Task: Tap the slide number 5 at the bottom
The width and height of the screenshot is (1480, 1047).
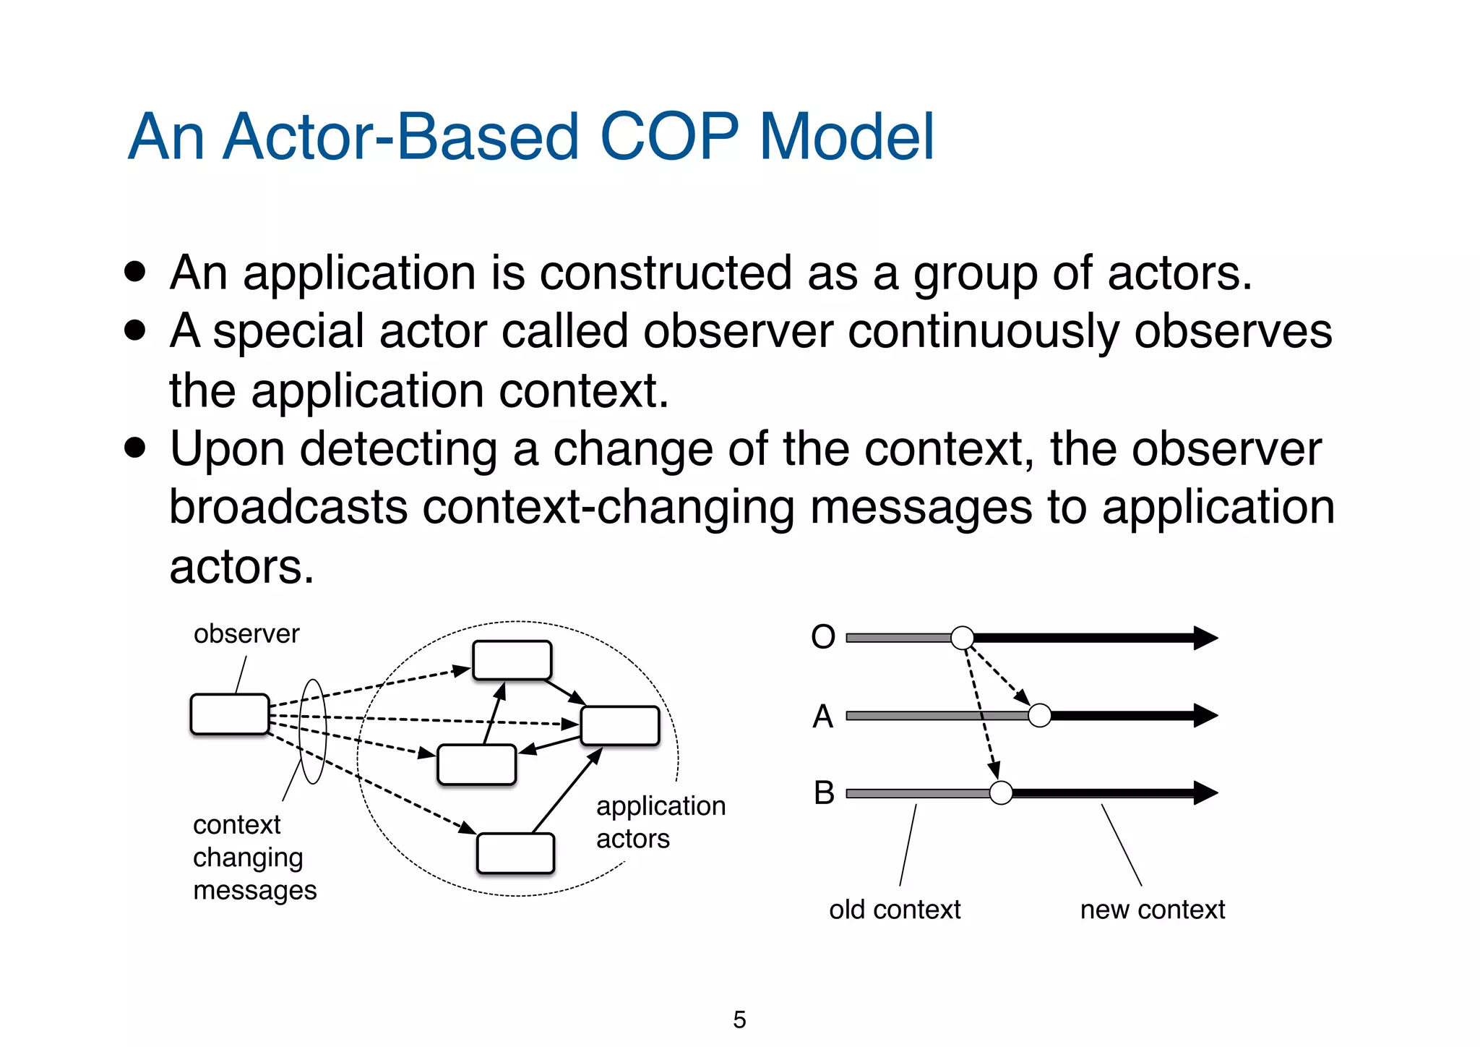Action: (x=739, y=1020)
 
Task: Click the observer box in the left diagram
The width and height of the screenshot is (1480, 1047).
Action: (x=230, y=714)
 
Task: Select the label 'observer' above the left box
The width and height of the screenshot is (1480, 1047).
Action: (x=246, y=633)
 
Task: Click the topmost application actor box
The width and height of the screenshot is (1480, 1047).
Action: (x=512, y=660)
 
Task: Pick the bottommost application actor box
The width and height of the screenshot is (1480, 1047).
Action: (x=515, y=853)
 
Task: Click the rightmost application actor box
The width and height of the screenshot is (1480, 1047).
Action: (x=620, y=726)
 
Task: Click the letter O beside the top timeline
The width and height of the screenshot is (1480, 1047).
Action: (x=823, y=637)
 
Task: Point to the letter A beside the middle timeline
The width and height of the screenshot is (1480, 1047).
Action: (x=823, y=716)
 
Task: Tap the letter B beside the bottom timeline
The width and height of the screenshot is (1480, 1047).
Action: (x=824, y=793)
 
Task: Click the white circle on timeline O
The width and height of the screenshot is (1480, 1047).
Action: (x=962, y=638)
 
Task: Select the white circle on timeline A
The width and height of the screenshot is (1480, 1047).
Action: (x=1039, y=715)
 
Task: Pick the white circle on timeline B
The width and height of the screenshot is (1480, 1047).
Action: (x=1001, y=792)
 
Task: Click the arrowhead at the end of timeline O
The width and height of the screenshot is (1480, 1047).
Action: (x=1205, y=638)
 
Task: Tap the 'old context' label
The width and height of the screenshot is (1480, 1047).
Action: (x=895, y=909)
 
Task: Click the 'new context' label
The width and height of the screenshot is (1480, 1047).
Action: (x=1152, y=909)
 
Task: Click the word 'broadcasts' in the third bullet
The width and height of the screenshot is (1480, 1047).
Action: (x=288, y=507)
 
